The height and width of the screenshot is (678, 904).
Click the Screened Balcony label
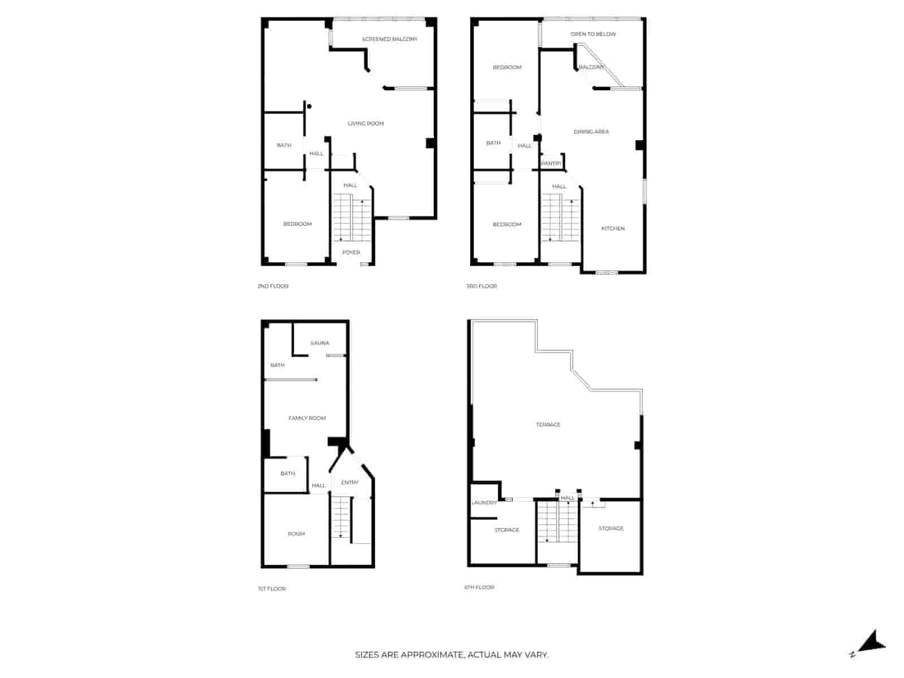coord(389,39)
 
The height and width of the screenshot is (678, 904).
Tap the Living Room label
coord(366,124)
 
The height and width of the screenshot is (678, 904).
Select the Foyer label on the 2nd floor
coord(351,253)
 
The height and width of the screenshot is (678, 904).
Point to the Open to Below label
coord(593,34)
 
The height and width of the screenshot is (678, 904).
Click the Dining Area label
coord(591,132)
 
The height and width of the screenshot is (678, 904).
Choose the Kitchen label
coord(613,228)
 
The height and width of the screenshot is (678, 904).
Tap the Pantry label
coord(551,163)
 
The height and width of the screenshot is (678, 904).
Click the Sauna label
coord(320,343)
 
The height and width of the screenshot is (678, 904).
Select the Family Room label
coord(307,418)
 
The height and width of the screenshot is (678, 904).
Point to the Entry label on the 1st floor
coord(350,483)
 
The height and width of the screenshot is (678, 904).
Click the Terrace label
coord(547,424)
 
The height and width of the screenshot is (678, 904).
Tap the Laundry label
coord(484,503)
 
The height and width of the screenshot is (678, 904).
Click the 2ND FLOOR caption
coord(273,286)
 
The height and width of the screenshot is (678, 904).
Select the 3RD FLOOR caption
coord(481,286)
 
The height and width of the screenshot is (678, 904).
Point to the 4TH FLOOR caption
coord(479,588)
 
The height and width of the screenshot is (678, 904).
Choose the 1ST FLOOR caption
coord(271,589)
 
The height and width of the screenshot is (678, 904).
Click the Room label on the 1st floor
coord(296,534)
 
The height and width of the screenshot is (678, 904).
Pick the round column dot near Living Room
coord(309,106)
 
